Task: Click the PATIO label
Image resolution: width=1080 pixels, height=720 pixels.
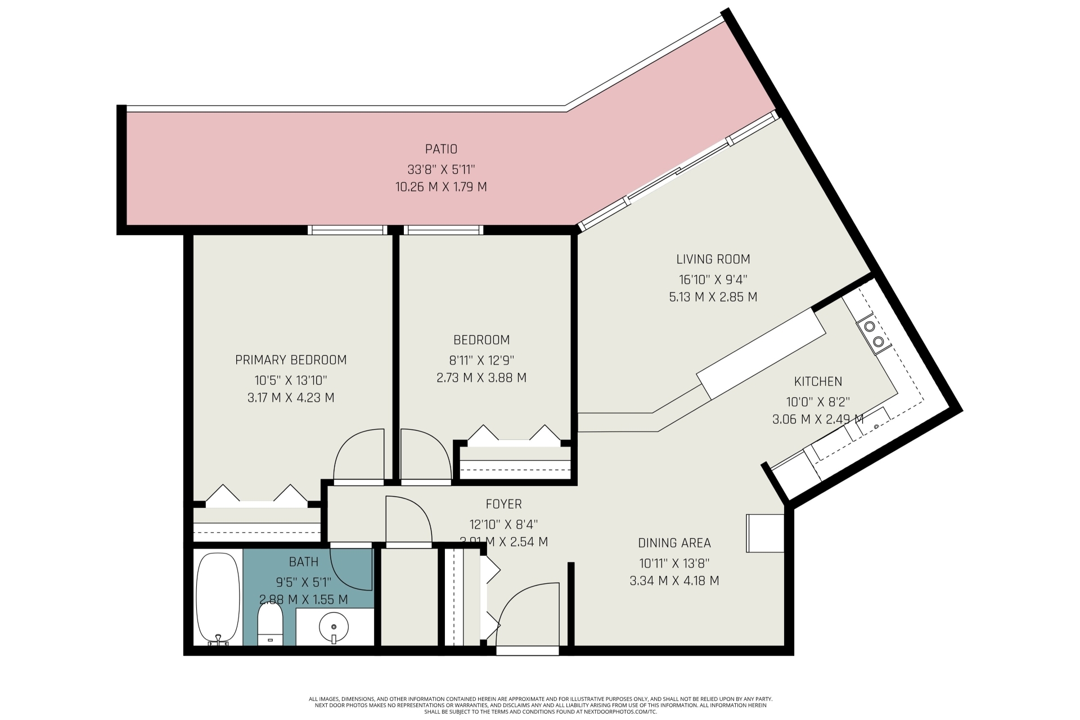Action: click(x=441, y=149)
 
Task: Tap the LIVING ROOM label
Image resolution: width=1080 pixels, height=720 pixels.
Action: click(x=713, y=259)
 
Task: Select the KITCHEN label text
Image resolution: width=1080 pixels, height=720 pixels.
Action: click(x=818, y=381)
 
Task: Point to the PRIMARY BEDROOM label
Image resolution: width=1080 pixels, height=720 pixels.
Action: click(x=291, y=360)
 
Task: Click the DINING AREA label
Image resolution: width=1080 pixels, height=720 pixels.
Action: click(x=674, y=543)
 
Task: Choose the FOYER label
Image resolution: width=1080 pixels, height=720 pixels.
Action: click(x=504, y=504)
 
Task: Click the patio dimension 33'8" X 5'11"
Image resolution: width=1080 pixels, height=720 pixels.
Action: click(x=442, y=169)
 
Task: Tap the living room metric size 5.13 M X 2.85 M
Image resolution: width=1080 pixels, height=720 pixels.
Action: click(x=713, y=297)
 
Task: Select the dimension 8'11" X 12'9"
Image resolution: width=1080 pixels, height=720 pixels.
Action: click(x=481, y=359)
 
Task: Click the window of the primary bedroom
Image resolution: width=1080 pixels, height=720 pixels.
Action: click(x=348, y=229)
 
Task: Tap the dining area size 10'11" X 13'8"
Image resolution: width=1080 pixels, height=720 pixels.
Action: click(x=674, y=562)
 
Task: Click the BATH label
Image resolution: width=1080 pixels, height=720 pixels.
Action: click(x=304, y=562)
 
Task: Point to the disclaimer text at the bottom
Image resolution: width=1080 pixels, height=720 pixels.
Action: click(x=540, y=705)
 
